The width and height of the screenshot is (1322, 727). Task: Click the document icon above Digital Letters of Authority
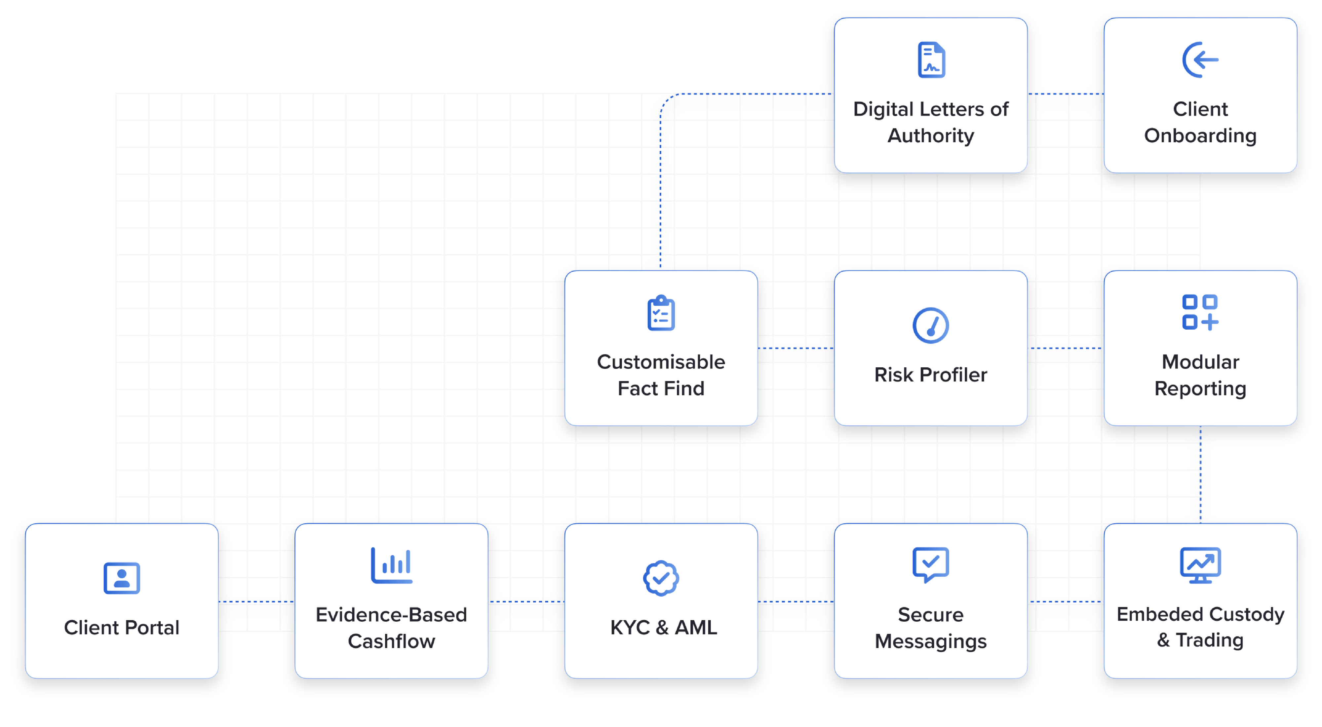pos(931,60)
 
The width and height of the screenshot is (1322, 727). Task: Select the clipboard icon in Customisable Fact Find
pos(661,313)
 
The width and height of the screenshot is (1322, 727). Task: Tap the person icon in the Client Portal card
pos(122,578)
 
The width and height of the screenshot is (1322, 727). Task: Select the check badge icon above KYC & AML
pos(661,578)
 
